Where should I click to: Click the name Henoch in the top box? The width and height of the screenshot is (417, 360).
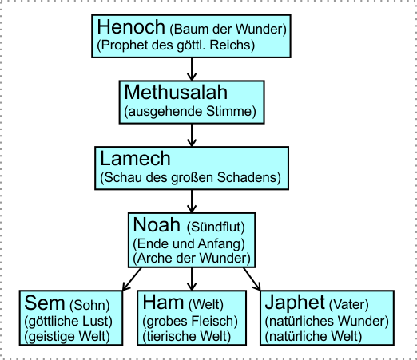pyautogui.click(x=131, y=26)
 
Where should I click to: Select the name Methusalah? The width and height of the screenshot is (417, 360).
pyautogui.click(x=176, y=92)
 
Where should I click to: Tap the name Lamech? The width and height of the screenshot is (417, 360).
pyautogui.click(x=135, y=158)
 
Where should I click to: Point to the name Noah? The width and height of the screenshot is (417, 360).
pyautogui.click(x=157, y=224)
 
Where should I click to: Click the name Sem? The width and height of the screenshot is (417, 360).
pyautogui.click(x=45, y=303)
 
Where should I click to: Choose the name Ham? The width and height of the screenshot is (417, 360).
pyautogui.click(x=163, y=303)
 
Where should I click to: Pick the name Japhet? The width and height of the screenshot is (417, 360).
pyautogui.click(x=295, y=303)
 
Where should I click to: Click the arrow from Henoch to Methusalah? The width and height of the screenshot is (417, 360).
pyautogui.click(x=192, y=69)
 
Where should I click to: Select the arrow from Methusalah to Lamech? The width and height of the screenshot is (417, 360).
pyautogui.click(x=192, y=135)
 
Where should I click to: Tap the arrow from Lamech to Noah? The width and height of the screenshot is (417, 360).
pyautogui.click(x=192, y=201)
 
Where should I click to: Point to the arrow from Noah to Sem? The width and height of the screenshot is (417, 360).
pyautogui.click(x=132, y=279)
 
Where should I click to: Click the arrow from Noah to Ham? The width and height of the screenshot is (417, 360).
pyautogui.click(x=192, y=279)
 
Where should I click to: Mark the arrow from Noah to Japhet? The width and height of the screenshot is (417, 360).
pyautogui.click(x=252, y=279)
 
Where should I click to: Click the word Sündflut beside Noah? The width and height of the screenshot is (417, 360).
pyautogui.click(x=216, y=227)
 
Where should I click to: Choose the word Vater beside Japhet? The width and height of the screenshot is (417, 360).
pyautogui.click(x=349, y=304)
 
